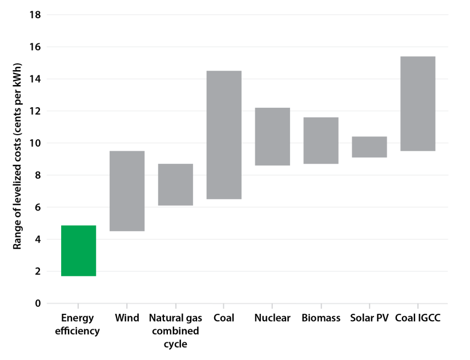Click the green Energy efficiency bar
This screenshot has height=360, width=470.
(x=78, y=250)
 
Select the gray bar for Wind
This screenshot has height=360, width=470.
(x=127, y=191)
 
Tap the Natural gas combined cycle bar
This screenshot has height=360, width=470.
(x=175, y=184)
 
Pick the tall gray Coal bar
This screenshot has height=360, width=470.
(x=224, y=135)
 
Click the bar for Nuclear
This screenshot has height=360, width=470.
(x=272, y=136)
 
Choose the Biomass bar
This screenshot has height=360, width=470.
(x=321, y=140)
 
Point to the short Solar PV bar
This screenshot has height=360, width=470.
(x=369, y=147)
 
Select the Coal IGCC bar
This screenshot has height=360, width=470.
(x=418, y=103)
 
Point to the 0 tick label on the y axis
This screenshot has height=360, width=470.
(x=38, y=304)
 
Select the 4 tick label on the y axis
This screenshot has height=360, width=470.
(x=38, y=240)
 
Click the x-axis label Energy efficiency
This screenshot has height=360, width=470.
(x=79, y=324)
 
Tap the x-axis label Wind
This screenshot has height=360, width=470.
(x=127, y=318)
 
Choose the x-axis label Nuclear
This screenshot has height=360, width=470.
(x=272, y=318)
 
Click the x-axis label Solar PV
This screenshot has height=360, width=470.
(x=369, y=318)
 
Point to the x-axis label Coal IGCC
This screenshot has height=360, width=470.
(x=418, y=318)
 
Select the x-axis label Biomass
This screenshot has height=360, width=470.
(x=321, y=318)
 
